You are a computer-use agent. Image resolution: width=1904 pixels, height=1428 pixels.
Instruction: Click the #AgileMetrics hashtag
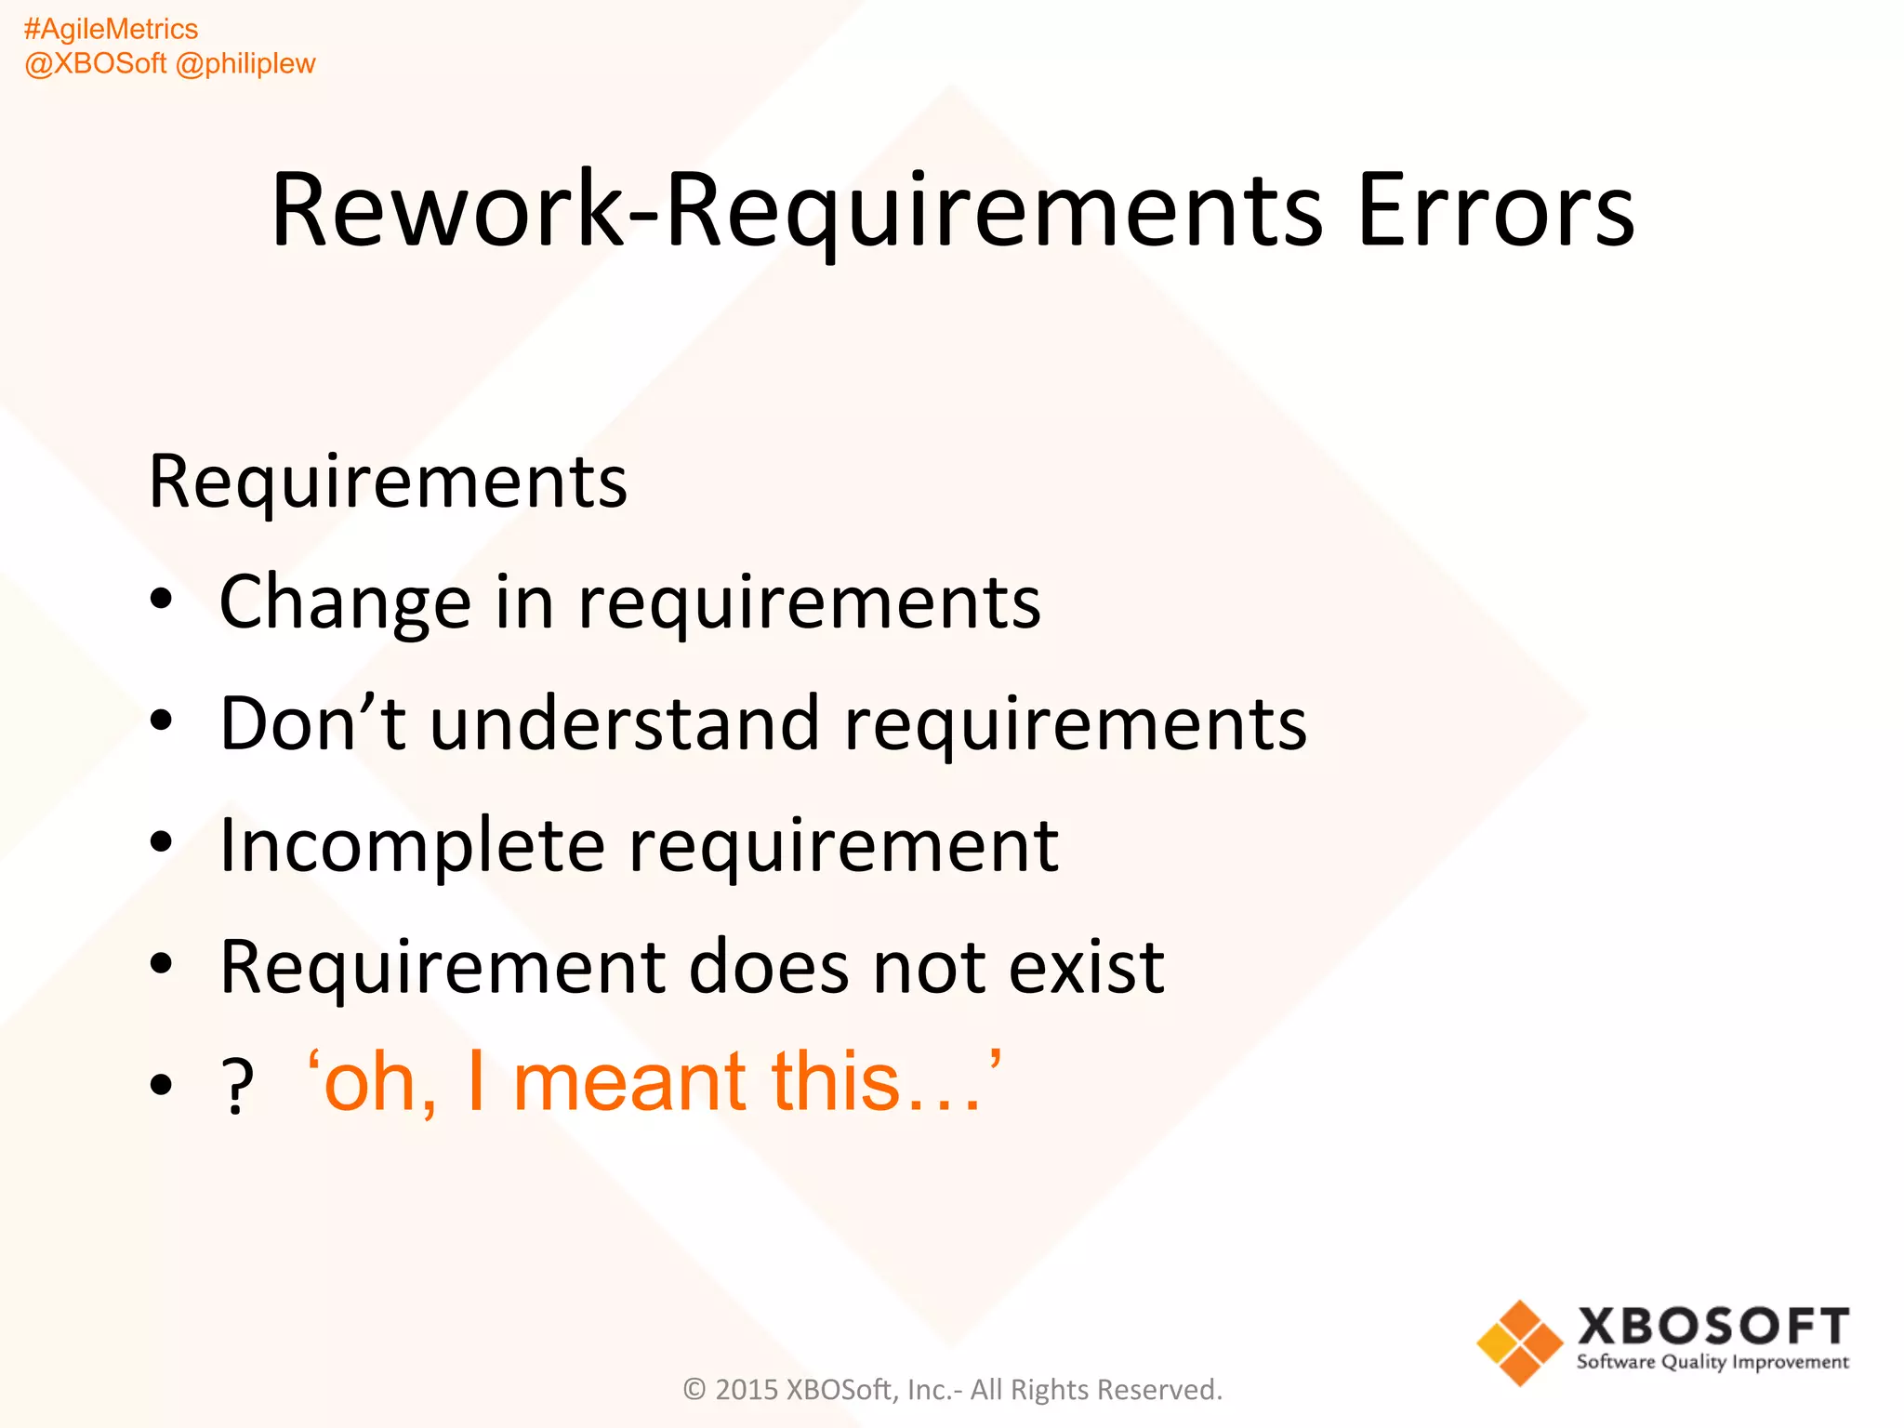(x=111, y=30)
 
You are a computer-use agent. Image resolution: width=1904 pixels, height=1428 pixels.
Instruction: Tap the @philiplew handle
(x=245, y=64)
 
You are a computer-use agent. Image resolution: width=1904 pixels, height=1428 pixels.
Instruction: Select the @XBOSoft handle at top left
(x=96, y=64)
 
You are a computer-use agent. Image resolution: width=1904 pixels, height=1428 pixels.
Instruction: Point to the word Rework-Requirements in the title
(x=796, y=212)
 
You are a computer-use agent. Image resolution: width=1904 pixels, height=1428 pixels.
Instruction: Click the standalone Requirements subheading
(x=388, y=483)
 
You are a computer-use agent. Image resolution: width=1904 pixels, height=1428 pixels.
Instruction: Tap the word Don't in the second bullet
(x=312, y=723)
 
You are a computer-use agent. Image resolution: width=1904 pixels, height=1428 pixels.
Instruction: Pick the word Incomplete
(x=412, y=846)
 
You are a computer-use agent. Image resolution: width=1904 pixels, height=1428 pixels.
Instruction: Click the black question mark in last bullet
(x=238, y=1086)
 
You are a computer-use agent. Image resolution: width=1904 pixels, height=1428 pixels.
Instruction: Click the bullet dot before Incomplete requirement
(x=162, y=842)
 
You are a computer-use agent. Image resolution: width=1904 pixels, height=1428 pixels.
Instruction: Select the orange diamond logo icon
(x=1519, y=1342)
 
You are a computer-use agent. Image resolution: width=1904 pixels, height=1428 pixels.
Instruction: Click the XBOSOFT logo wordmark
(x=1712, y=1326)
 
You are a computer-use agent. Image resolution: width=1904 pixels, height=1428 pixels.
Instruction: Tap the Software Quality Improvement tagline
(x=1712, y=1363)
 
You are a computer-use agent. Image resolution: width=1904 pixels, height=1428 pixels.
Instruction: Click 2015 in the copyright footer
(x=746, y=1390)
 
